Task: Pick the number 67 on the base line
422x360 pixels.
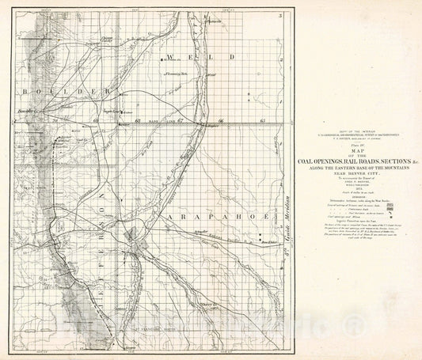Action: click(x=181, y=120)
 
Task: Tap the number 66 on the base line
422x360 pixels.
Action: click(x=221, y=120)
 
